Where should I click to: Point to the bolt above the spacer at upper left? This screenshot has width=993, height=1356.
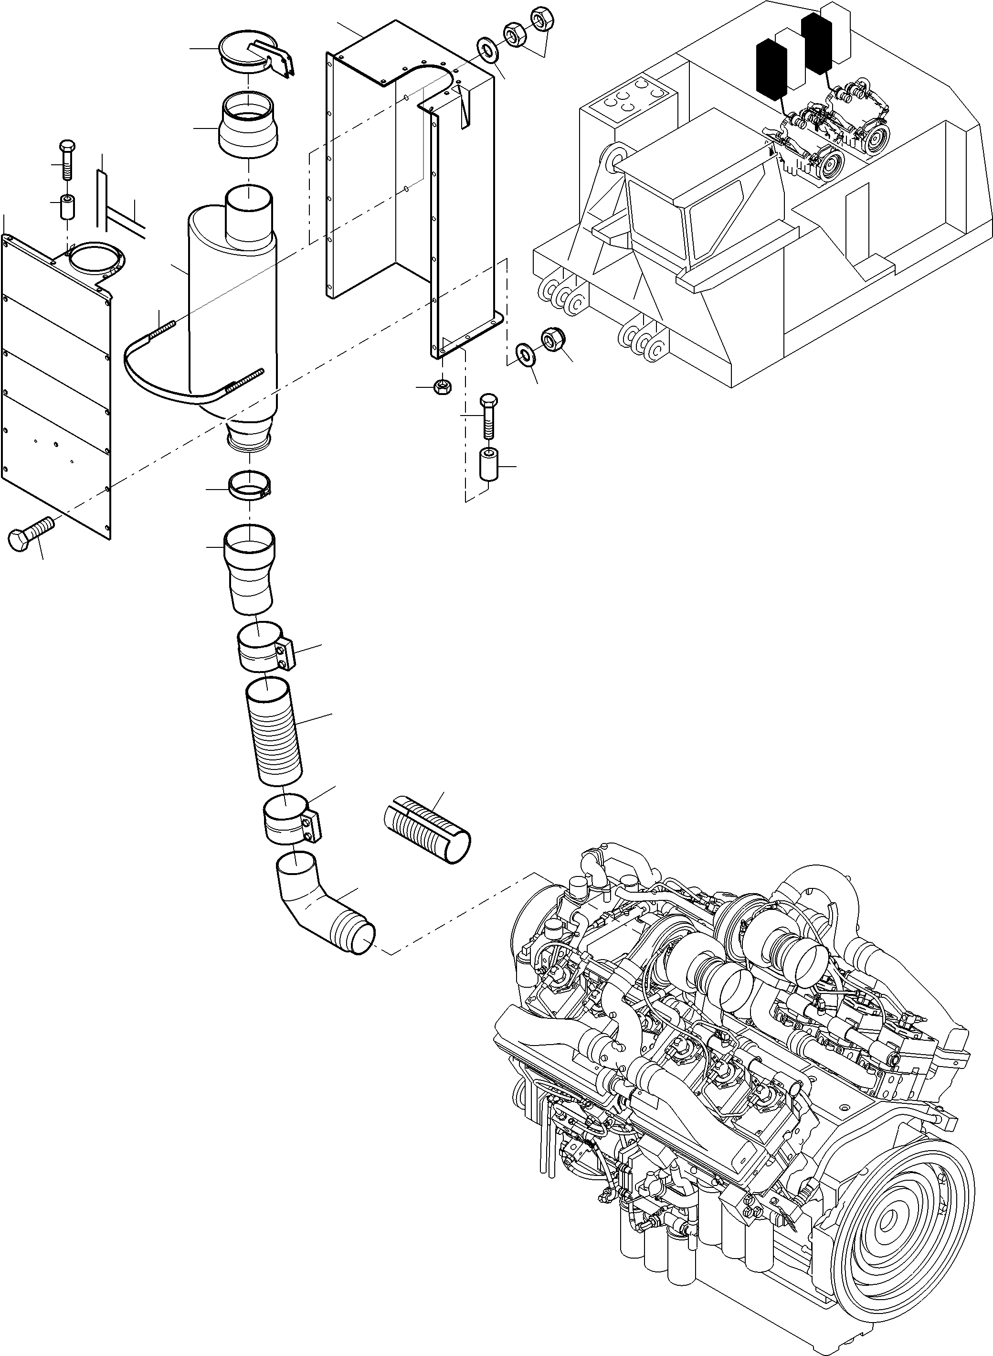tap(67, 160)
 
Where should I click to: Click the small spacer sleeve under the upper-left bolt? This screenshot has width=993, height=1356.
tap(67, 207)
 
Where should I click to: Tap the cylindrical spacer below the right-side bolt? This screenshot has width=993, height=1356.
tap(489, 463)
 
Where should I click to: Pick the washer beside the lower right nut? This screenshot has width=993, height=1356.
tap(527, 355)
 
